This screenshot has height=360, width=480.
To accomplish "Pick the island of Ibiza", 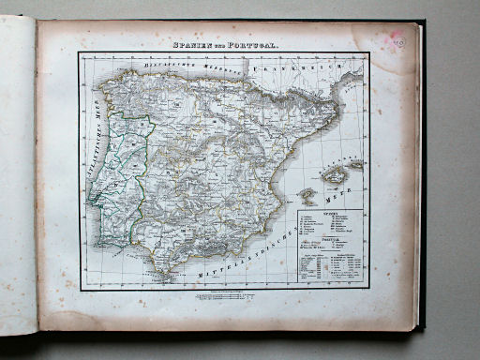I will [306, 196].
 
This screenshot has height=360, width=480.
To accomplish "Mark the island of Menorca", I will [355, 165].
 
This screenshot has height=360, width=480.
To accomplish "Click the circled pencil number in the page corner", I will [398, 41].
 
